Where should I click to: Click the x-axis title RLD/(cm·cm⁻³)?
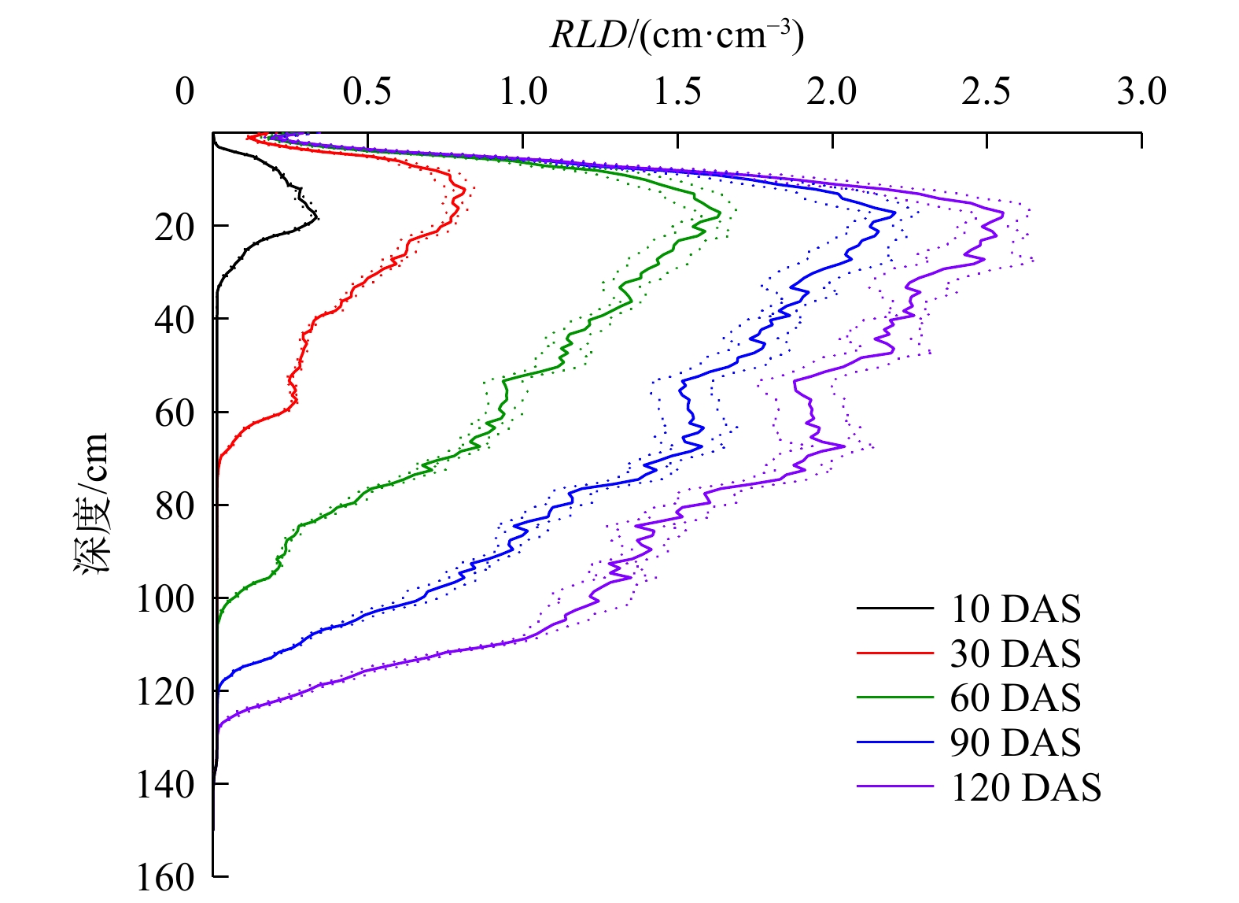[x=677, y=35]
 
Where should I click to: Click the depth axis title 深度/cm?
[x=93, y=504]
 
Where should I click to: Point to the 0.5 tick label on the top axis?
[x=367, y=93]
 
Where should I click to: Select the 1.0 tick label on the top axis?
[x=523, y=93]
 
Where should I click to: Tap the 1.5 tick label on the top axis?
[x=677, y=93]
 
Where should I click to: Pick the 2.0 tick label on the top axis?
[x=832, y=93]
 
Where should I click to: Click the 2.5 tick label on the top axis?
[x=986, y=93]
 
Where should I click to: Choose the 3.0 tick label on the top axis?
[x=1141, y=93]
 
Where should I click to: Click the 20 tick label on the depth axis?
[x=174, y=228]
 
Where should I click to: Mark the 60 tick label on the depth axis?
[x=174, y=413]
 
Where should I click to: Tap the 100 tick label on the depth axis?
[x=165, y=600]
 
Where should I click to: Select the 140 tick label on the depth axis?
[x=165, y=785]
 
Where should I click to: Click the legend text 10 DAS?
[x=1016, y=609]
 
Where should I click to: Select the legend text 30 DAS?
[x=1016, y=653]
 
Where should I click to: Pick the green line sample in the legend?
[x=894, y=698]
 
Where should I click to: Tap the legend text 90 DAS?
[x=1016, y=742]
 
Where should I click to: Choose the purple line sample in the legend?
[x=894, y=786]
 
